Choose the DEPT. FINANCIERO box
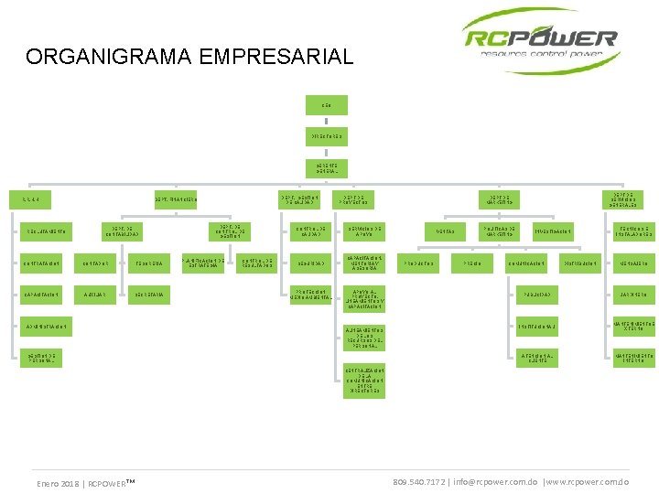click(176, 199)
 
